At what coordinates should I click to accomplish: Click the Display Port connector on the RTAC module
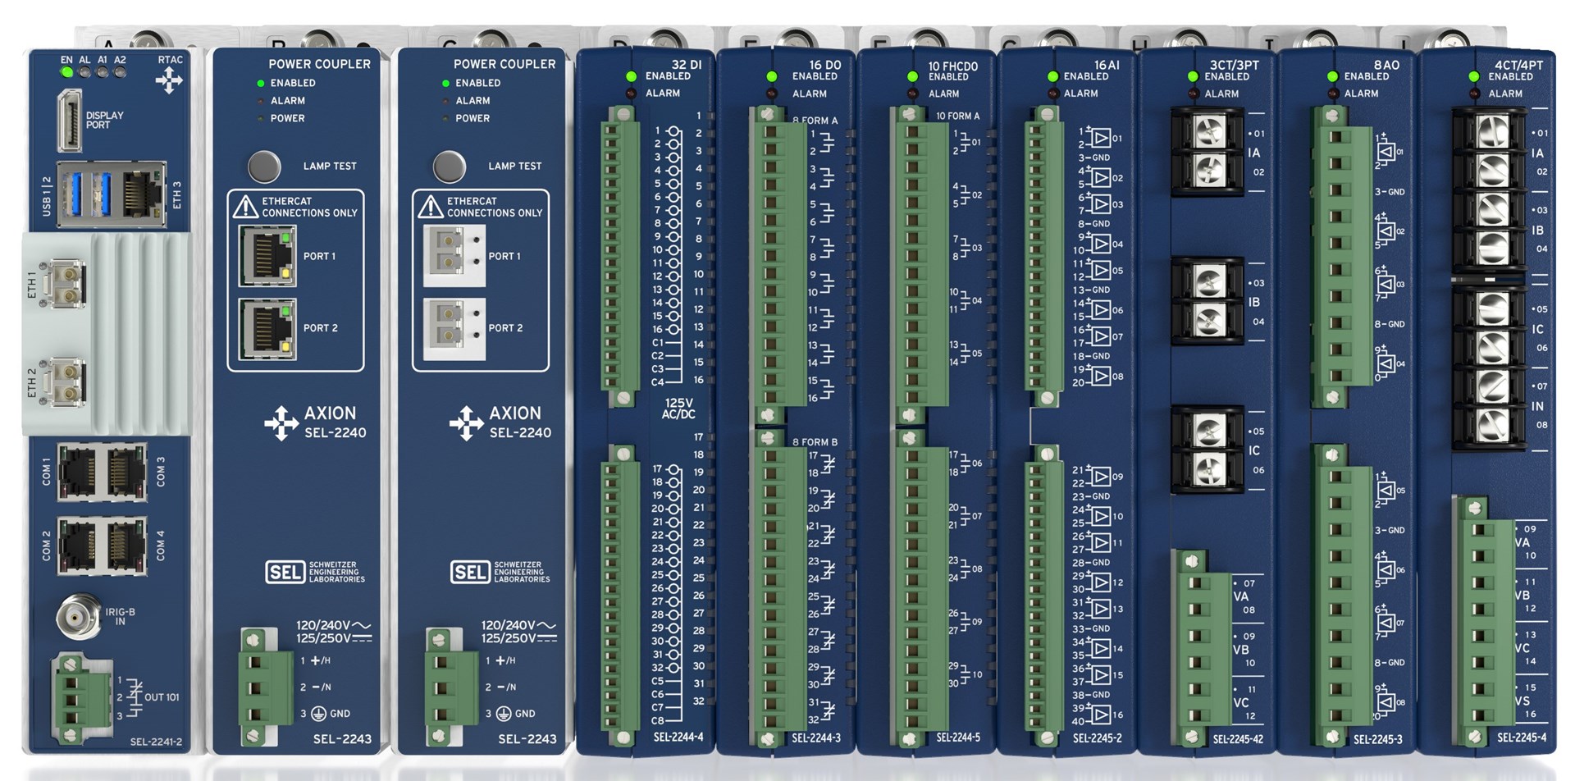[x=69, y=121]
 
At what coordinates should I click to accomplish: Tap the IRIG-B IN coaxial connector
[x=77, y=616]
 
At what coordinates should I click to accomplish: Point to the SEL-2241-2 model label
[x=156, y=742]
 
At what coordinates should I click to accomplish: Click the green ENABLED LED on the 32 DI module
[x=631, y=76]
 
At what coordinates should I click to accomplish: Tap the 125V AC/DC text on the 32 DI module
[x=678, y=409]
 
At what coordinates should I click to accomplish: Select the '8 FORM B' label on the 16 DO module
[x=815, y=442]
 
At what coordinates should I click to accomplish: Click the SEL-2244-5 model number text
[x=958, y=738]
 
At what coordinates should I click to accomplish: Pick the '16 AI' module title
[x=1106, y=65]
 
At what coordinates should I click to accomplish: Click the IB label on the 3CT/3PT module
[x=1253, y=302]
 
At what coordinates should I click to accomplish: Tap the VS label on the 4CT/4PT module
[x=1522, y=701]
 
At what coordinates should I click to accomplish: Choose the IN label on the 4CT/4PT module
[x=1537, y=406]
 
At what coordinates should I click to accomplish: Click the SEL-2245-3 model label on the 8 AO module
[x=1377, y=739]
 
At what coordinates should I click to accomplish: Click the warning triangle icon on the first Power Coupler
[x=245, y=206]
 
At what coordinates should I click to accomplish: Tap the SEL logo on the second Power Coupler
[x=470, y=572]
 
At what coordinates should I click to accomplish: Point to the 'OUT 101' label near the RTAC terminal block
[x=162, y=697]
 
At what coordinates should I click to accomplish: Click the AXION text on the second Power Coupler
[x=515, y=413]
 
